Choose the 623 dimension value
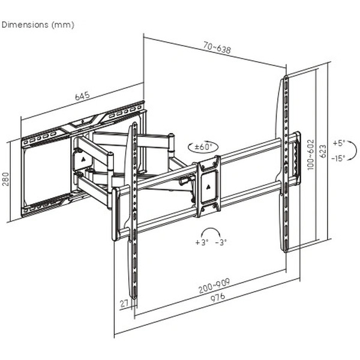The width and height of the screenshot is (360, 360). pos(323,150)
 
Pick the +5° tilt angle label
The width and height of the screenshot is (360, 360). pos(339,143)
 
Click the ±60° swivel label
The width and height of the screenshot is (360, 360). pos(202,146)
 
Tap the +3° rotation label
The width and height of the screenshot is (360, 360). pos(200,242)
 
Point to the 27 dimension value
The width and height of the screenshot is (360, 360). pos(124,304)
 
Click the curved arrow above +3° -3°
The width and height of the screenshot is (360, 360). pos(211,232)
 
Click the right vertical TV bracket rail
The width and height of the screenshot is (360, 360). pos(286,165)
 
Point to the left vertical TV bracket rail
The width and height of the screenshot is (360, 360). pos(135,210)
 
